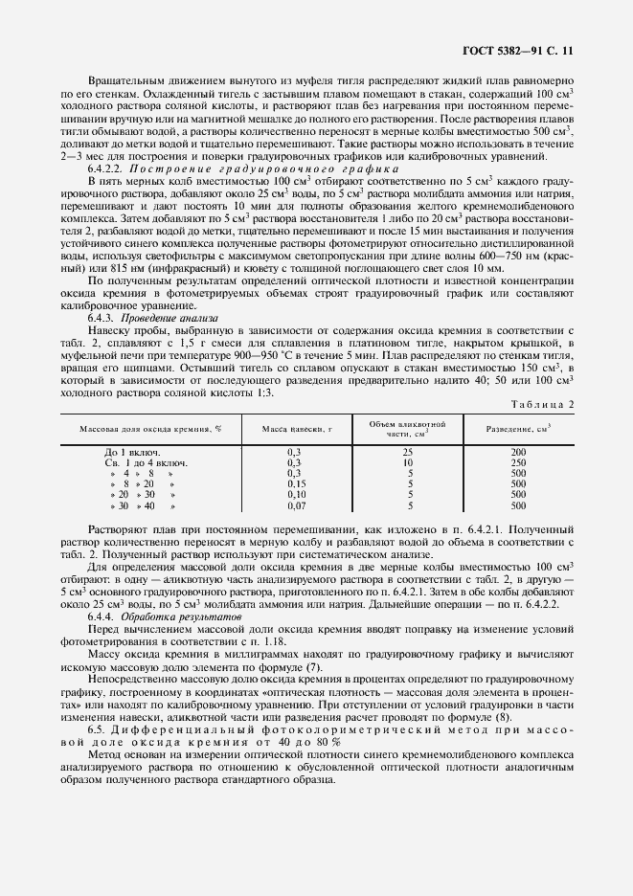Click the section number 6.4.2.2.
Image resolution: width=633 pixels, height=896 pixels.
pyautogui.click(x=111, y=168)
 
